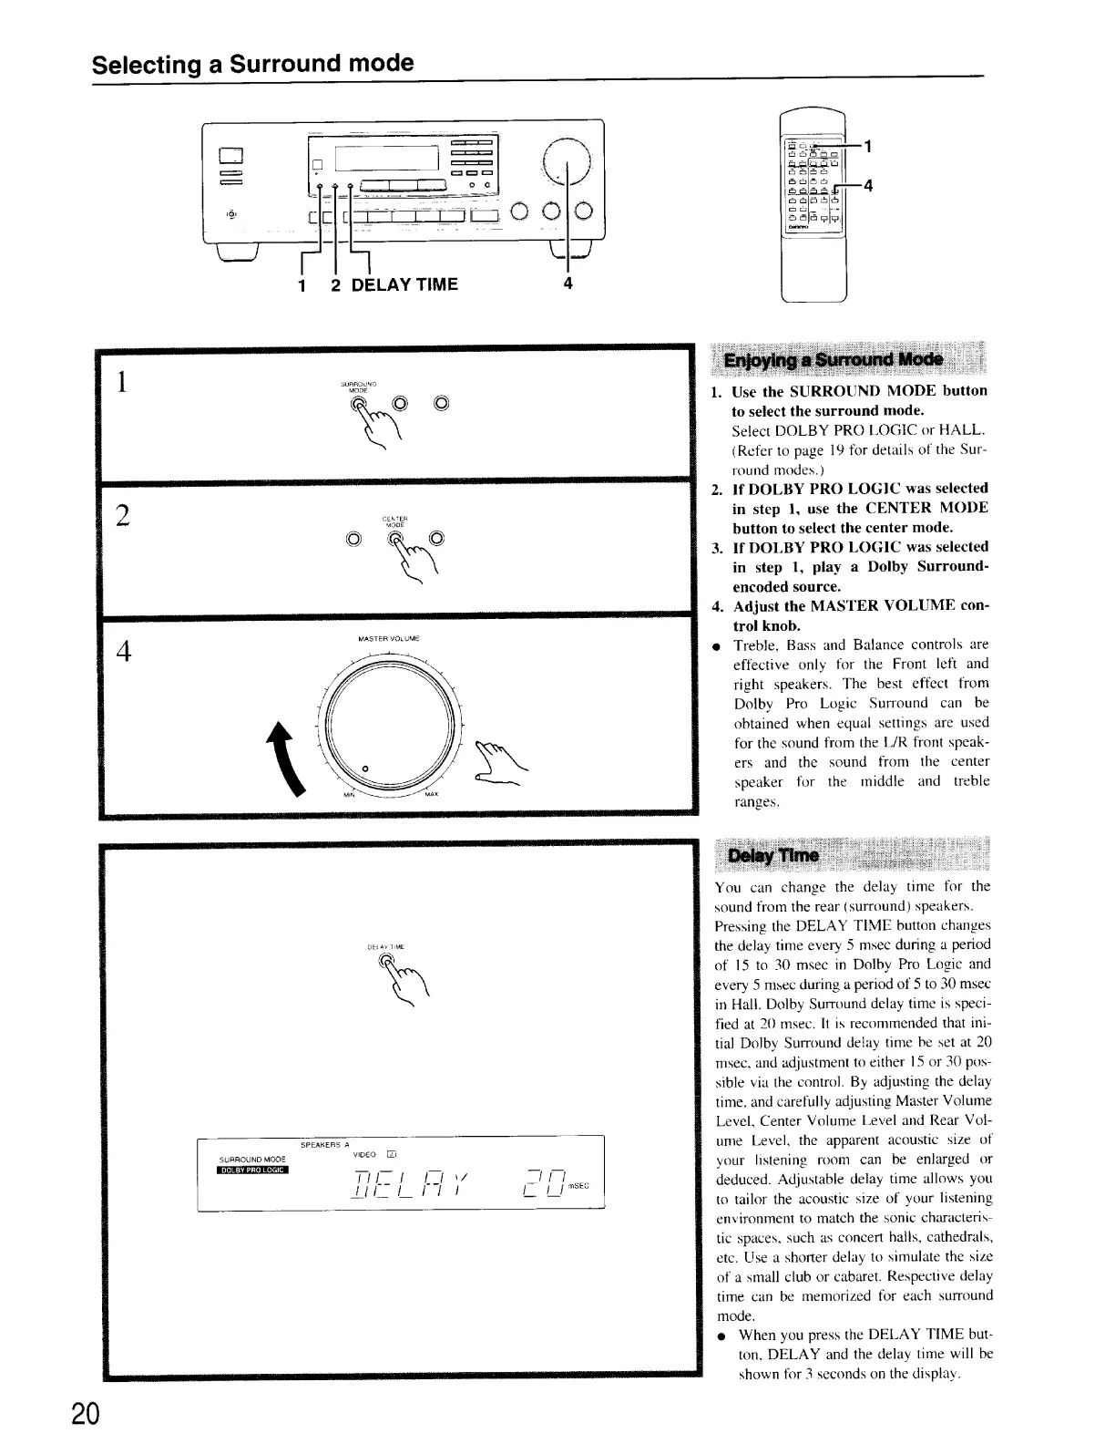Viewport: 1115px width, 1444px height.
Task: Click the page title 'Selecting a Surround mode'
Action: (252, 64)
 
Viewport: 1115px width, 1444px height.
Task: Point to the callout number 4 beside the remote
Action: (868, 187)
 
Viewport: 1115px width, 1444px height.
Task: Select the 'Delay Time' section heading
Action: (772, 856)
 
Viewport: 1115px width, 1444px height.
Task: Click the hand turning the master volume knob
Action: (496, 763)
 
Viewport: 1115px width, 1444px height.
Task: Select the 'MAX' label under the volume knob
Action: (432, 794)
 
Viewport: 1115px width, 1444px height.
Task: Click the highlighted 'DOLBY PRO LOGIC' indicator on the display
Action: (252, 1171)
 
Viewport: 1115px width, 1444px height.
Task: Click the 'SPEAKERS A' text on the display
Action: (324, 1145)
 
